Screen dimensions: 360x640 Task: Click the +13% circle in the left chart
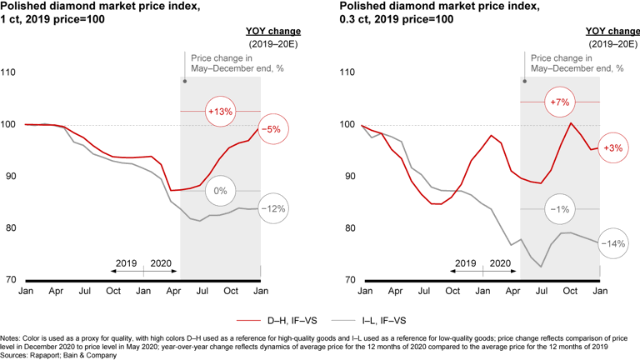pos(222,111)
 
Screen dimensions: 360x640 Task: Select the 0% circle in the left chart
pos(221,191)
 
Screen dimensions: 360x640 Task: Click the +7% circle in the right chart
pos(560,102)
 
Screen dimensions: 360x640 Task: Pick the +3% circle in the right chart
pos(612,147)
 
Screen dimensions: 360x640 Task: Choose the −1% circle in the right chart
pos(559,208)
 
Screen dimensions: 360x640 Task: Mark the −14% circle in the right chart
pos(613,243)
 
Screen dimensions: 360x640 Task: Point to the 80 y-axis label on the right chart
pos(349,227)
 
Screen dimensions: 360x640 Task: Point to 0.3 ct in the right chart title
pos(356,19)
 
